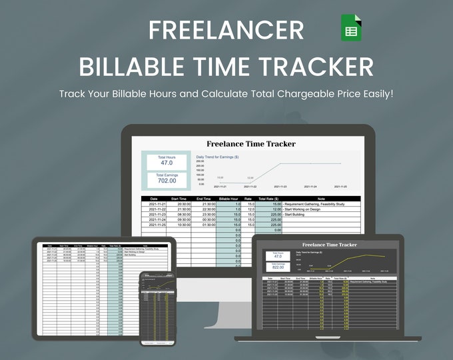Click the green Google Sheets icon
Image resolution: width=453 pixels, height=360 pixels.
[x=351, y=28]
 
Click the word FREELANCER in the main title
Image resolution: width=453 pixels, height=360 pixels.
[x=226, y=30]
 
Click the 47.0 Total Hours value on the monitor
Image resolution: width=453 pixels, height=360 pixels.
[x=167, y=163]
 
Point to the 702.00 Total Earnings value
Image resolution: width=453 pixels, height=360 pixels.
[x=167, y=180]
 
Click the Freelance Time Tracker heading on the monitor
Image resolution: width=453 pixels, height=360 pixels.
[x=251, y=143]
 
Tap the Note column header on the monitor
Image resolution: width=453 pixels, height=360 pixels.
[x=321, y=199]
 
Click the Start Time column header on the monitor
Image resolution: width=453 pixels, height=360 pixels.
[x=179, y=199]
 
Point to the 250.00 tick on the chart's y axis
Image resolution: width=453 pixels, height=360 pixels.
[x=200, y=161]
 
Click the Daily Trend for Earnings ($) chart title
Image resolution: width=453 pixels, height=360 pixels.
[x=218, y=157]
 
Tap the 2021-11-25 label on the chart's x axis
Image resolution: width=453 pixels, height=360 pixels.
[x=340, y=187]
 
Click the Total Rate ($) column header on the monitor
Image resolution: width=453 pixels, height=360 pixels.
[x=268, y=199]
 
